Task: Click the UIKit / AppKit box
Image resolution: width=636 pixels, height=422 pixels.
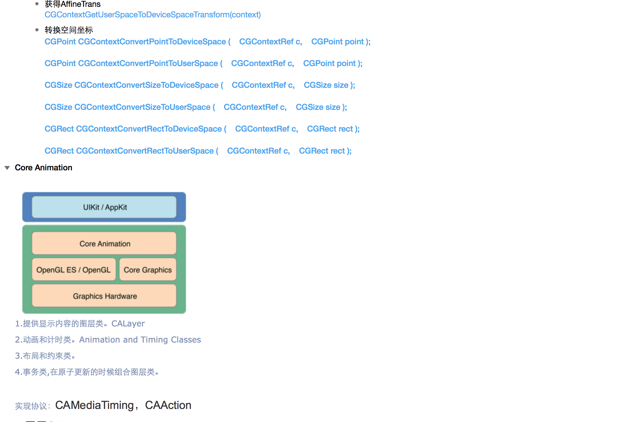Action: [x=104, y=207]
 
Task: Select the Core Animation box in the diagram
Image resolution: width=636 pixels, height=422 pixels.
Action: [x=104, y=243]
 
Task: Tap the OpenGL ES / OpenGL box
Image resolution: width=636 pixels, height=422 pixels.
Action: [x=74, y=270]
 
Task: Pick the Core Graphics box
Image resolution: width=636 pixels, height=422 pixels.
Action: [x=148, y=270]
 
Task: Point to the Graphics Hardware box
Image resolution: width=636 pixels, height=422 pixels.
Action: [x=104, y=296]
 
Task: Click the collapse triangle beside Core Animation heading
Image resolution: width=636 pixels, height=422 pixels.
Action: [x=7, y=168]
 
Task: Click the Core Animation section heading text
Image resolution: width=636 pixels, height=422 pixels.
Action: [x=43, y=168]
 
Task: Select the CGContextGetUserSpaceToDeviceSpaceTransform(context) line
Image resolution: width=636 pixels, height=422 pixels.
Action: [x=152, y=15]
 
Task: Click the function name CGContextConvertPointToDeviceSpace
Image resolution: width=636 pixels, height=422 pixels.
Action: [x=152, y=42]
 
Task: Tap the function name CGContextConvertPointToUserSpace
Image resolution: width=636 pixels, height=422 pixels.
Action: [x=148, y=63]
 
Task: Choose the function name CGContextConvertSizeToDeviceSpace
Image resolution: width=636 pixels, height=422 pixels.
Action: [x=146, y=85]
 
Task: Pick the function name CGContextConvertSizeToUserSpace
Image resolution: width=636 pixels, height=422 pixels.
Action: [x=142, y=107]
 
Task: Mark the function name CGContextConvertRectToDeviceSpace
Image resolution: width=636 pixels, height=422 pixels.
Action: [x=149, y=129]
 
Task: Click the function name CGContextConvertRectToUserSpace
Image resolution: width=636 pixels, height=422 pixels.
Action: [x=145, y=151]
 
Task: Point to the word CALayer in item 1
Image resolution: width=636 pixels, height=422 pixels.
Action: [x=128, y=324]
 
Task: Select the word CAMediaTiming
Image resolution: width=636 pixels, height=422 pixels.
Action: [x=95, y=405]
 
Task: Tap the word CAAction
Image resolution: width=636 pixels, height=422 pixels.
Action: [x=168, y=405]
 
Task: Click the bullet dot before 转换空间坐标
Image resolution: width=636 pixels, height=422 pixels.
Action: [x=37, y=30]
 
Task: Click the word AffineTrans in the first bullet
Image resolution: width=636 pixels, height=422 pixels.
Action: [x=81, y=4]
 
